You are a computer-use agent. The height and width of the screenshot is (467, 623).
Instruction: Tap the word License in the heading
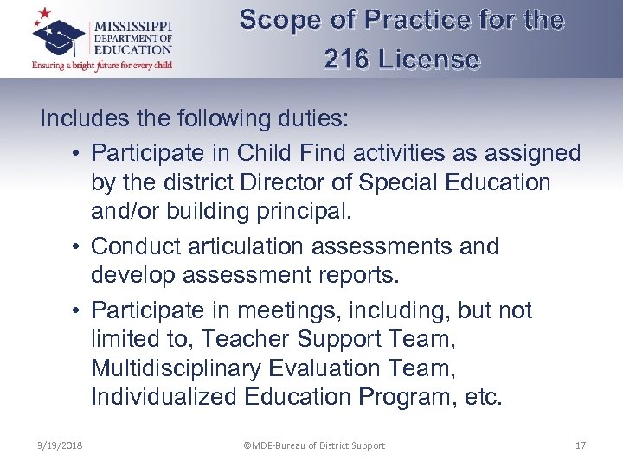point(430,60)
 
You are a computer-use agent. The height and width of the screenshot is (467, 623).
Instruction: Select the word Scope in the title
point(277,20)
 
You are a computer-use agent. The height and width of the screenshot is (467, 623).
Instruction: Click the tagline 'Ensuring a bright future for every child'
point(102,65)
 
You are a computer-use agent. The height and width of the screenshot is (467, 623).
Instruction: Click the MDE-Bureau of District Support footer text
point(313,445)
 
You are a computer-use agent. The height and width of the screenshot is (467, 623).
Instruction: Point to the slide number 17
point(581,445)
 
